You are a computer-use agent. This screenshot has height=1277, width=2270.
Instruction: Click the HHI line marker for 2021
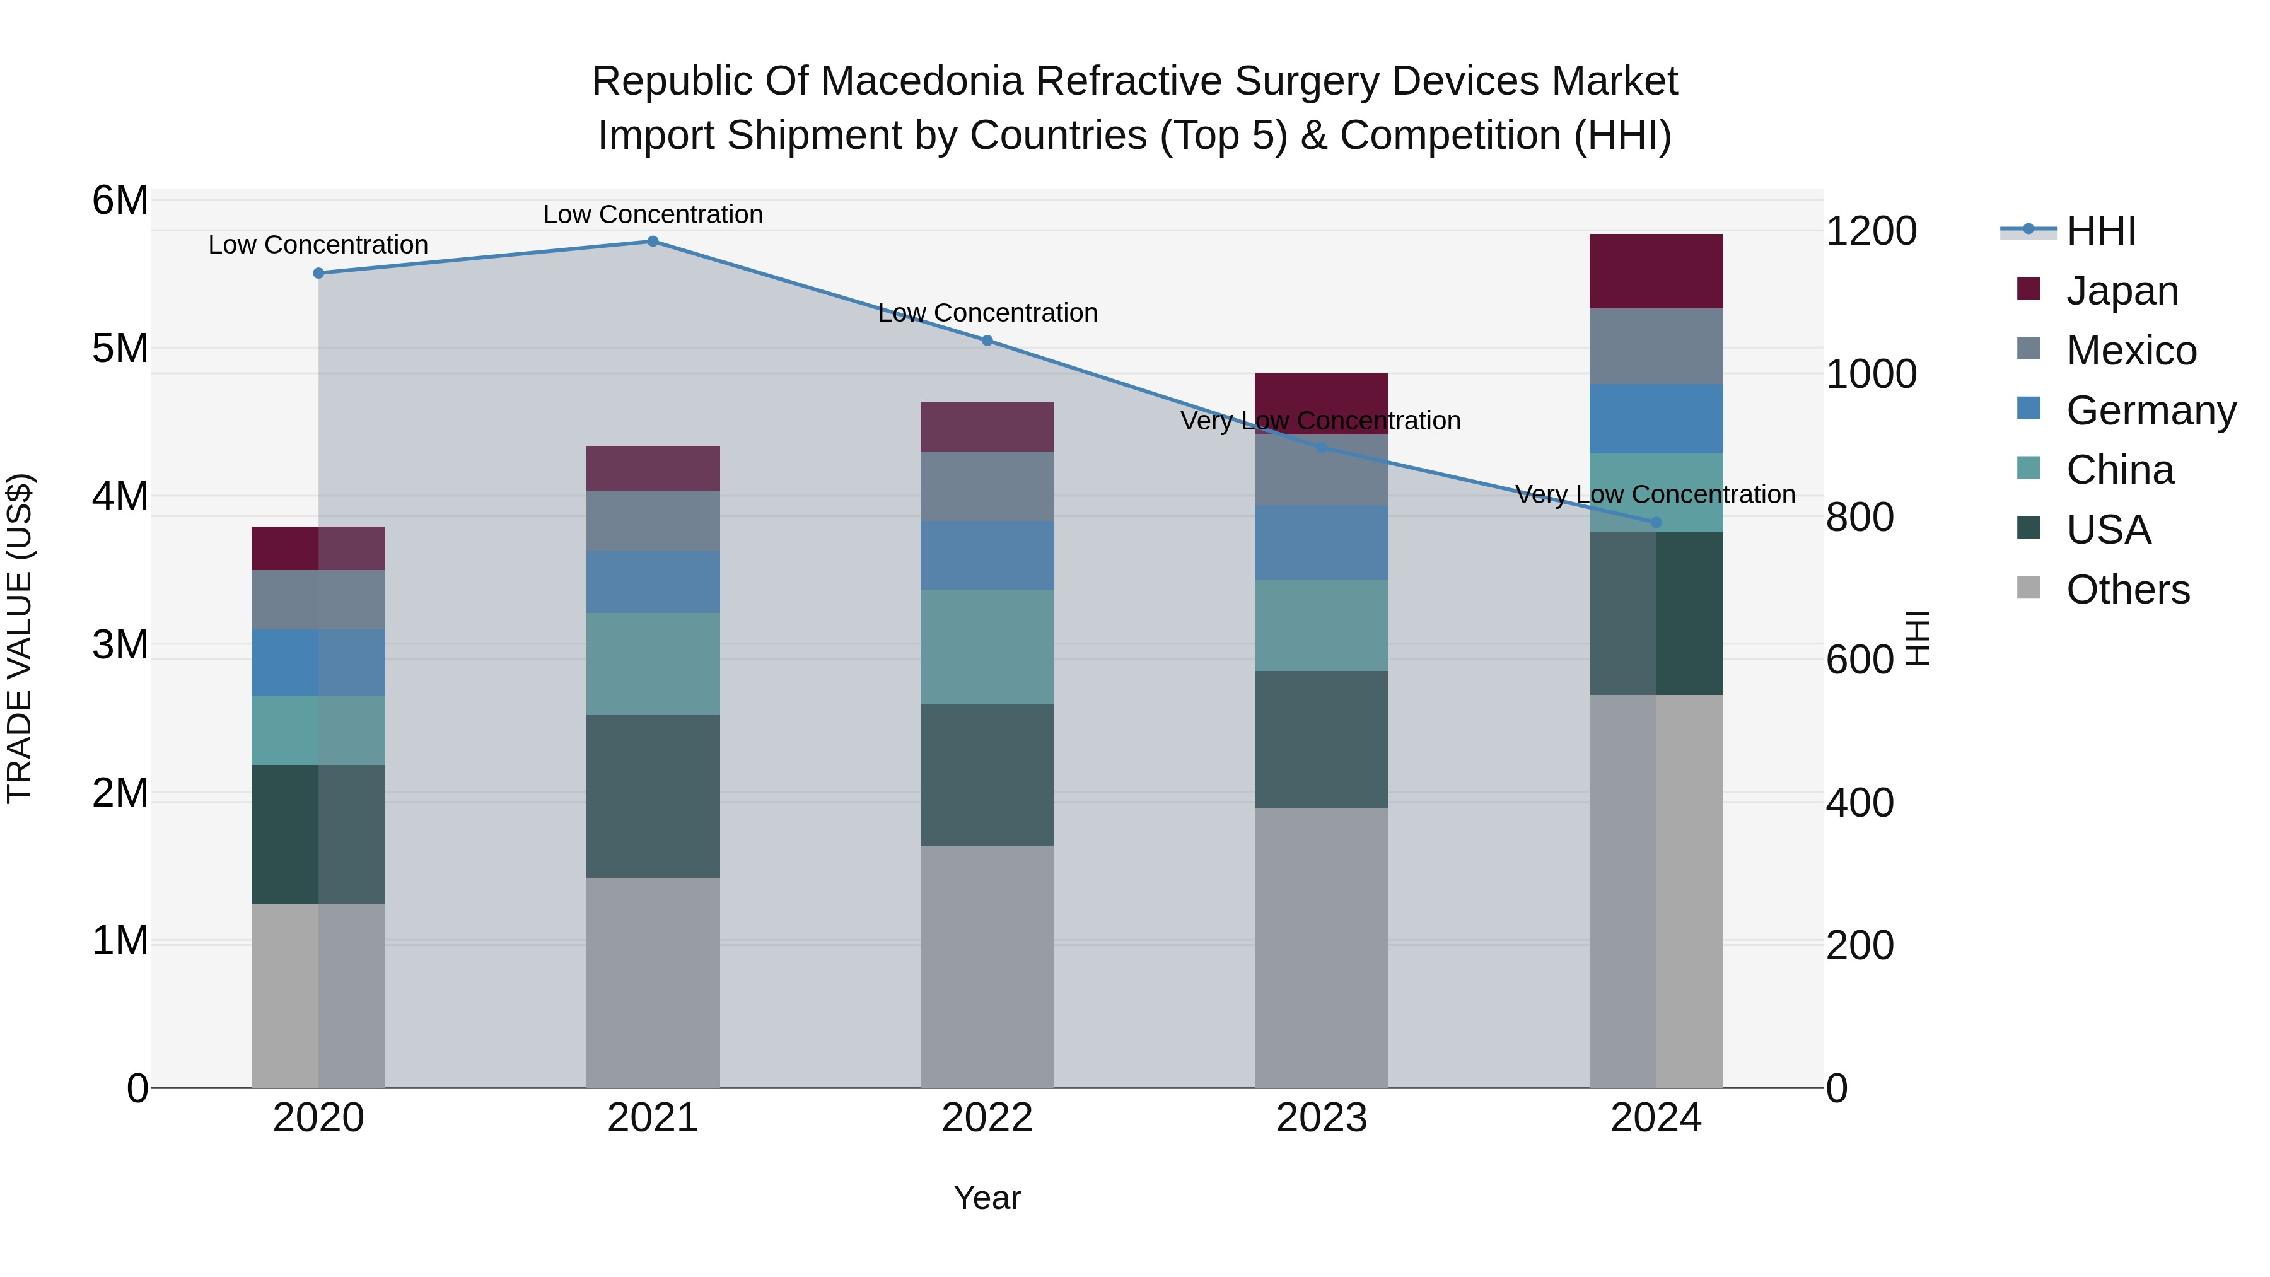tap(653, 242)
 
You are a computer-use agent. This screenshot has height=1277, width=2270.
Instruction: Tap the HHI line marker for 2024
tap(1656, 523)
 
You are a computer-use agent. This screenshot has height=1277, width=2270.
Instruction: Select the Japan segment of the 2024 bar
tap(1656, 271)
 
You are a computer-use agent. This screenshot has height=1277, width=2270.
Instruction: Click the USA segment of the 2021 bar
tap(653, 796)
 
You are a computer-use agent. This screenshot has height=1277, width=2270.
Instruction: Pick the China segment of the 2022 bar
tap(987, 647)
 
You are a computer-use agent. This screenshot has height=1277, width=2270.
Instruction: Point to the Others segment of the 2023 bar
tap(1321, 947)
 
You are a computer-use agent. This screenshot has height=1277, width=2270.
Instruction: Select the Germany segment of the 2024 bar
tap(1656, 419)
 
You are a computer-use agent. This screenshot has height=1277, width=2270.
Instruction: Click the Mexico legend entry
tap(2131, 351)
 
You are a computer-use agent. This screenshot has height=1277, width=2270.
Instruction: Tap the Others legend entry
tap(2127, 590)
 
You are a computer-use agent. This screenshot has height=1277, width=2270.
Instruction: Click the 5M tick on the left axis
tap(120, 348)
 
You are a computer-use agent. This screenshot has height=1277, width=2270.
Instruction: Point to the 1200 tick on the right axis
tap(1871, 231)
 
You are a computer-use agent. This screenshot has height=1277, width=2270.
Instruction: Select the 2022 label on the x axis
tap(987, 1118)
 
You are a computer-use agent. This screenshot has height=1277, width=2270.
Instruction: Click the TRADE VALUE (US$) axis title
tap(20, 638)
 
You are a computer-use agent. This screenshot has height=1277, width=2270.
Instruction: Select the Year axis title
tap(987, 1198)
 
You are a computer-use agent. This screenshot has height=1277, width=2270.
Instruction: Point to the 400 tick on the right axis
tap(1860, 803)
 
